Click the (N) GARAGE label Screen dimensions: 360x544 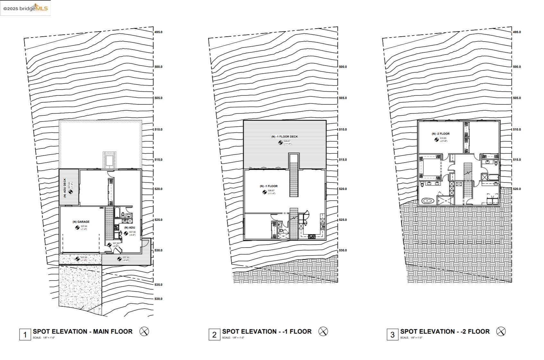pyautogui.click(x=81, y=222)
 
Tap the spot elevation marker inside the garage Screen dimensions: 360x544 pyautogui.click(x=77, y=228)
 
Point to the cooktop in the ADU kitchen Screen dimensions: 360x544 pyautogui.click(x=117, y=228)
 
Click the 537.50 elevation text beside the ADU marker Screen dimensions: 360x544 pyautogui.click(x=132, y=232)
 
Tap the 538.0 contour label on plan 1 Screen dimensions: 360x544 pyautogui.click(x=158, y=299)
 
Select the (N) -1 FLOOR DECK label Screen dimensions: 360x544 pyautogui.click(x=284, y=137)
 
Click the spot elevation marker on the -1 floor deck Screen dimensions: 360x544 pyautogui.click(x=280, y=142)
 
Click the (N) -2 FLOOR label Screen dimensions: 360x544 pyautogui.click(x=441, y=134)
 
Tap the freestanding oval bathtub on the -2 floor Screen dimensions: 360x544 pyautogui.click(x=427, y=201)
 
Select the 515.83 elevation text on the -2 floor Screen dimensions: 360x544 pyautogui.click(x=443, y=138)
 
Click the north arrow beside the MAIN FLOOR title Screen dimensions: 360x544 pyautogui.click(x=144, y=331)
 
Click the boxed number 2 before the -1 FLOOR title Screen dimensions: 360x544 pyautogui.click(x=214, y=335)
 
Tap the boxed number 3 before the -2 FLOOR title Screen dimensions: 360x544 pyautogui.click(x=392, y=335)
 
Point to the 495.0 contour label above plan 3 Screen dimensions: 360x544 pyautogui.click(x=517, y=32)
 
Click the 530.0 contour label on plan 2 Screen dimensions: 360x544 pyautogui.click(x=343, y=250)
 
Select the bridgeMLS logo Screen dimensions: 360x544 pyautogui.click(x=26, y=8)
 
